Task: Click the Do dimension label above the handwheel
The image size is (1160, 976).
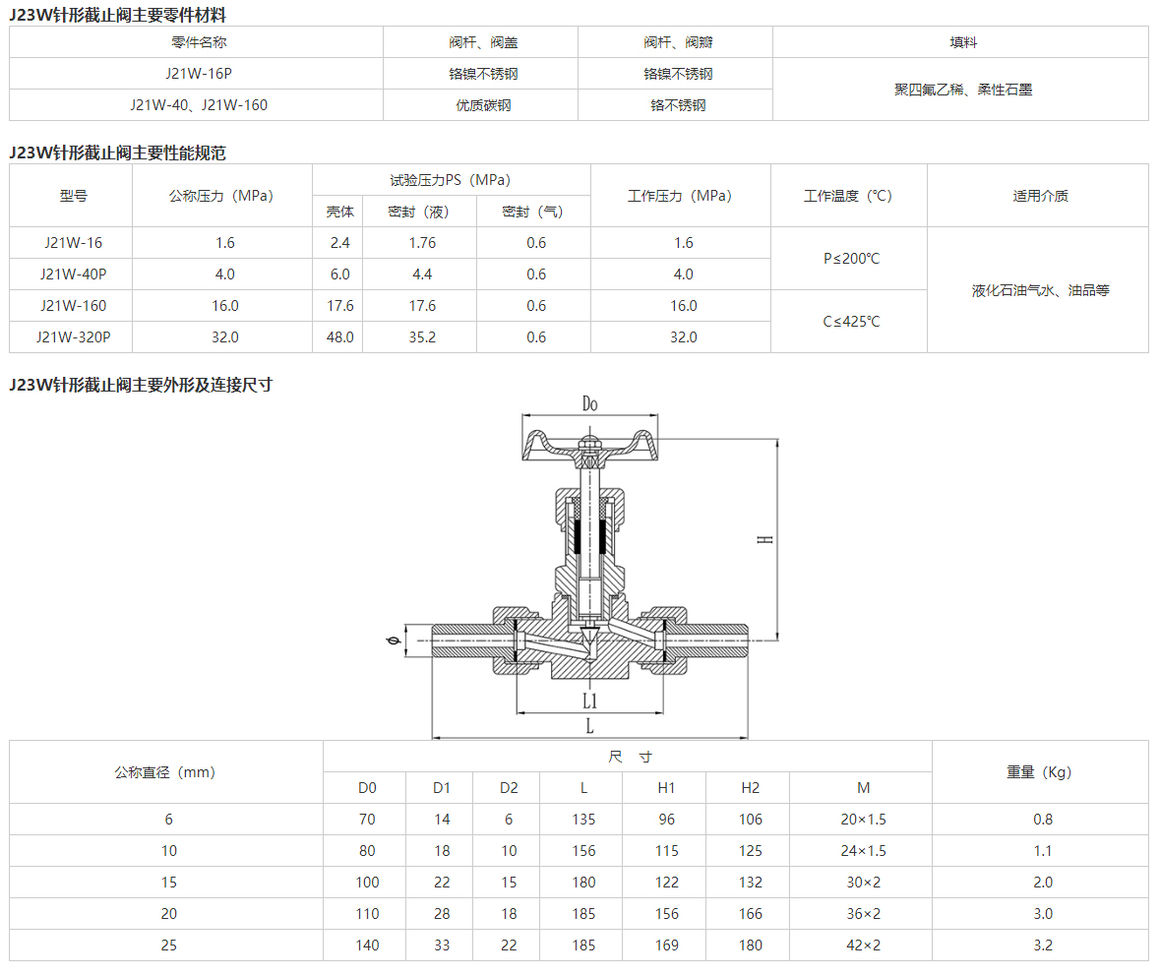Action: tap(589, 403)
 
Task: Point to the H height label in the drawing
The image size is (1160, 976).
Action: tap(764, 539)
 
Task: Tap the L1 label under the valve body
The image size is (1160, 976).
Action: tap(589, 700)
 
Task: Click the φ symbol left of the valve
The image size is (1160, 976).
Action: tap(394, 640)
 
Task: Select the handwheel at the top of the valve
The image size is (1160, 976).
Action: tap(589, 448)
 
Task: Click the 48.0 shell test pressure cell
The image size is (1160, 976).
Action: tap(340, 337)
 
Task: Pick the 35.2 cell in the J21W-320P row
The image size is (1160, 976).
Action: tap(422, 337)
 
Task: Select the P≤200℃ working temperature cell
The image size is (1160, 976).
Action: tap(851, 258)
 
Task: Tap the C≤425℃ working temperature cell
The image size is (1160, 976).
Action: tap(851, 321)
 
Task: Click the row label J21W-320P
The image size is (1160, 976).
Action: tap(73, 337)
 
